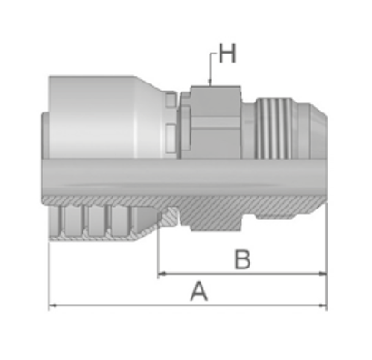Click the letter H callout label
pos(227,54)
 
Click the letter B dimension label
pos(242,259)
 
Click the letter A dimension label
pos(199,291)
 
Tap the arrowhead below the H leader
pos(210,83)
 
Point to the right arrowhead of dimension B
pos(323,274)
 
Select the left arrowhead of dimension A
pos(53,306)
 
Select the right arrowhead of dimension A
pos(323,306)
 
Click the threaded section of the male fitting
pos(274,128)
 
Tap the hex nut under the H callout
pos(216,122)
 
